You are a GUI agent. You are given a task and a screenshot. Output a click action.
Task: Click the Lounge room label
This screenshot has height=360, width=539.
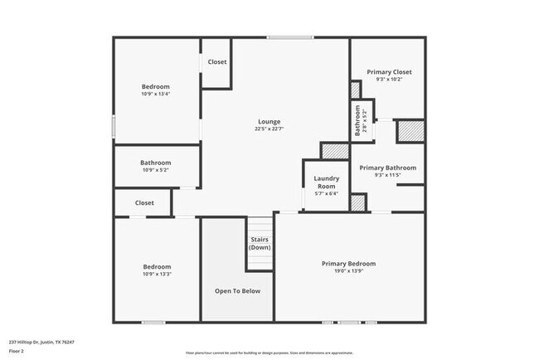point(269,121)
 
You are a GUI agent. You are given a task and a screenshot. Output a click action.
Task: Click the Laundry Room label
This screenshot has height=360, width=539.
point(325,182)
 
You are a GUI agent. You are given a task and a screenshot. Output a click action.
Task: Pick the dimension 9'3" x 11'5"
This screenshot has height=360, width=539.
point(387,175)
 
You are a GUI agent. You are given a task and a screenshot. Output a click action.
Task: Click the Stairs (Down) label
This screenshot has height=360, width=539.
point(260,243)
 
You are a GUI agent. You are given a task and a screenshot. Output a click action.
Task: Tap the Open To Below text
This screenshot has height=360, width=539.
point(238,291)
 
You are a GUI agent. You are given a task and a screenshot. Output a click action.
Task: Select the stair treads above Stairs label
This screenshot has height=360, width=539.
point(260,225)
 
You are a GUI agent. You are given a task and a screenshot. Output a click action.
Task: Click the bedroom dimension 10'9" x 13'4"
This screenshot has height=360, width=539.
point(155,94)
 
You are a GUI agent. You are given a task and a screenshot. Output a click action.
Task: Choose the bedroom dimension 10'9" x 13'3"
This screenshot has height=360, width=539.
point(156,274)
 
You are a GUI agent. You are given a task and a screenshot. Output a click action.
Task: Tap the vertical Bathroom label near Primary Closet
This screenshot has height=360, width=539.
point(357,121)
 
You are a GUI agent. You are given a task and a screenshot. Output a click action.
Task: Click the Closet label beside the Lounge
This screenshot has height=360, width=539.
point(217,62)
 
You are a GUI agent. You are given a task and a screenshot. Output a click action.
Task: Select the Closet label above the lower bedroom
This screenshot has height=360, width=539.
point(144,202)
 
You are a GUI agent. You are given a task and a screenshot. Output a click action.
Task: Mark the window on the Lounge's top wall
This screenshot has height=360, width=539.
point(289,36)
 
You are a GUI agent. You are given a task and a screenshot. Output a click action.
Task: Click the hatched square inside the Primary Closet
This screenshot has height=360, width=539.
point(356,90)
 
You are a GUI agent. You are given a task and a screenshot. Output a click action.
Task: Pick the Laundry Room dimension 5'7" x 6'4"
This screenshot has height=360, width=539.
point(325,194)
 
